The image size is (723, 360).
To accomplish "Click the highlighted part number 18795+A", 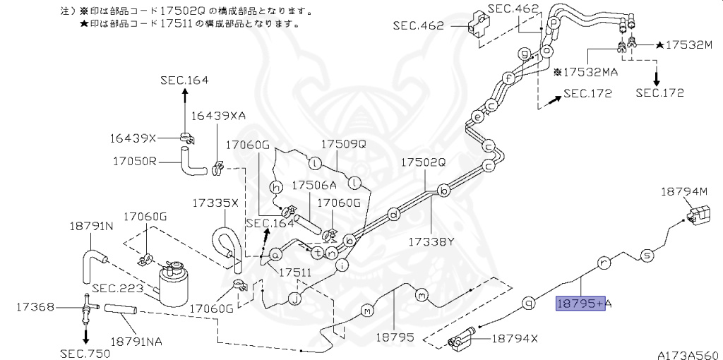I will click(x=584, y=304).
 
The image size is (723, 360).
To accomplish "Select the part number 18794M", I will click(x=683, y=191).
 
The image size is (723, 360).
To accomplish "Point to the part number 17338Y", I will click(x=430, y=241).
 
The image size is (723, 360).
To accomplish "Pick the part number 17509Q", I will click(x=345, y=144).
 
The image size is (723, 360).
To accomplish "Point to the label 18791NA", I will click(x=137, y=341).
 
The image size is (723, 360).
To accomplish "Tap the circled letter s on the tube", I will click(x=646, y=255).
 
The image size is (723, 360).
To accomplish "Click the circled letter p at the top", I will click(x=554, y=23).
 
